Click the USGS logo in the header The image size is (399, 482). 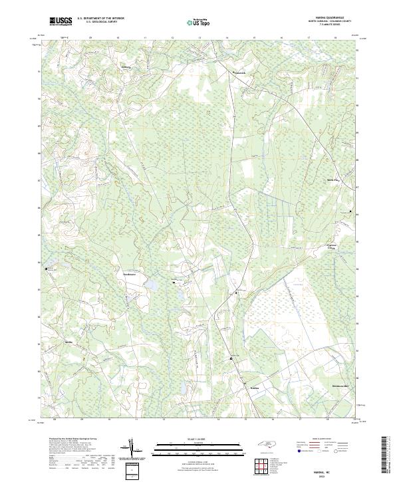61,22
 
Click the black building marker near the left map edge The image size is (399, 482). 47,269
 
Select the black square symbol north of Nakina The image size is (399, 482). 231,359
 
